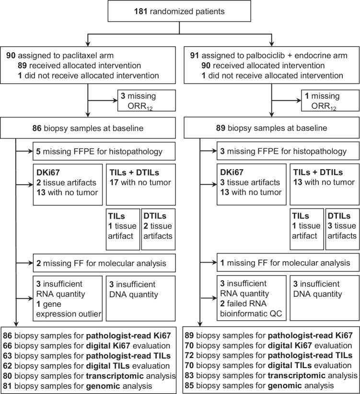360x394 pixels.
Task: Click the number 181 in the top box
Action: [140, 12]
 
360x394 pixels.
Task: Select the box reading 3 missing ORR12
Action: [147, 101]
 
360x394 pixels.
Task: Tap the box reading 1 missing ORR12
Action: [330, 101]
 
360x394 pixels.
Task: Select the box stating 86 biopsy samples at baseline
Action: [88, 128]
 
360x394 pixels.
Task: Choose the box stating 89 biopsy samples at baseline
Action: [272, 128]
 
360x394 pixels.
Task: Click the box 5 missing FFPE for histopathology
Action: [104, 151]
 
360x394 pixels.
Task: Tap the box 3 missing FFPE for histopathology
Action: [288, 151]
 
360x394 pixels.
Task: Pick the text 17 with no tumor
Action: [140, 183]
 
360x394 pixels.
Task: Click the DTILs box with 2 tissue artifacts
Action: [158, 229]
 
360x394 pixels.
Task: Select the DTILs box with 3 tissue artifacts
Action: [342, 229]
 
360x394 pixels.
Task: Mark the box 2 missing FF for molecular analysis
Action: [104, 263]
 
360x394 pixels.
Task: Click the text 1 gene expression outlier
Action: [69, 309]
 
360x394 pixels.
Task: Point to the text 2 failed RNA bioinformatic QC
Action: [251, 309]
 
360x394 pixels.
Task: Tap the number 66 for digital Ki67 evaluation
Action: [8, 346]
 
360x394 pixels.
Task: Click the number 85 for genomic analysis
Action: [189, 385]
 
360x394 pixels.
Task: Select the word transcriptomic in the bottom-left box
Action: [115, 376]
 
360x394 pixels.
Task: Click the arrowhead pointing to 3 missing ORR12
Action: [115, 101]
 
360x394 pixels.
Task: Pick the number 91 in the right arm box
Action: [195, 56]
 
